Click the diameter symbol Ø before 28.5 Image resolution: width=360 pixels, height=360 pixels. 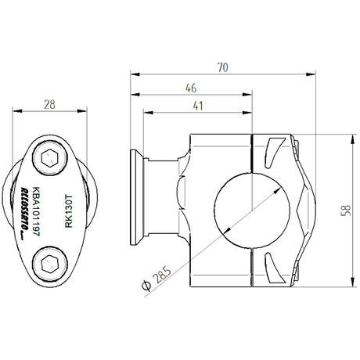(146, 286)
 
